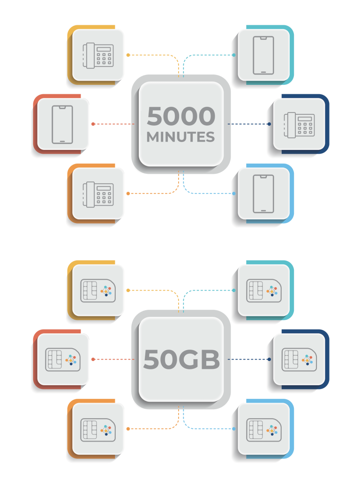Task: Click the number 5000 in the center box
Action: (181, 117)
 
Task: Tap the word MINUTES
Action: (181, 137)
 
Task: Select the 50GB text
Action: (181, 360)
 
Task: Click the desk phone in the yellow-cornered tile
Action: (98, 55)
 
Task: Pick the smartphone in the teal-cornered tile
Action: (263, 55)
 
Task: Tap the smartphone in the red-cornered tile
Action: (62, 124)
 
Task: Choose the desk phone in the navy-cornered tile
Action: (299, 125)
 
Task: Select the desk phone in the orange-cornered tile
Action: (98, 194)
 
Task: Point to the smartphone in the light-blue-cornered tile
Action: (263, 194)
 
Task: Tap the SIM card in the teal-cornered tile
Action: (264, 291)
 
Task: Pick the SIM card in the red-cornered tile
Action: (62, 360)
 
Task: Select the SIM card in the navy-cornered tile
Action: (299, 360)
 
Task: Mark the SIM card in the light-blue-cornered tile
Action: (264, 429)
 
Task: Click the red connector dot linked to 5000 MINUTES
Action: (93, 124)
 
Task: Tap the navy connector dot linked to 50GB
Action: (269, 360)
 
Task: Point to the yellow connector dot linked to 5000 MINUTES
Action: (128, 55)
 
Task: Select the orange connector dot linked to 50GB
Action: (128, 429)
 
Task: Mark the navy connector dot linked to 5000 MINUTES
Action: (269, 124)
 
